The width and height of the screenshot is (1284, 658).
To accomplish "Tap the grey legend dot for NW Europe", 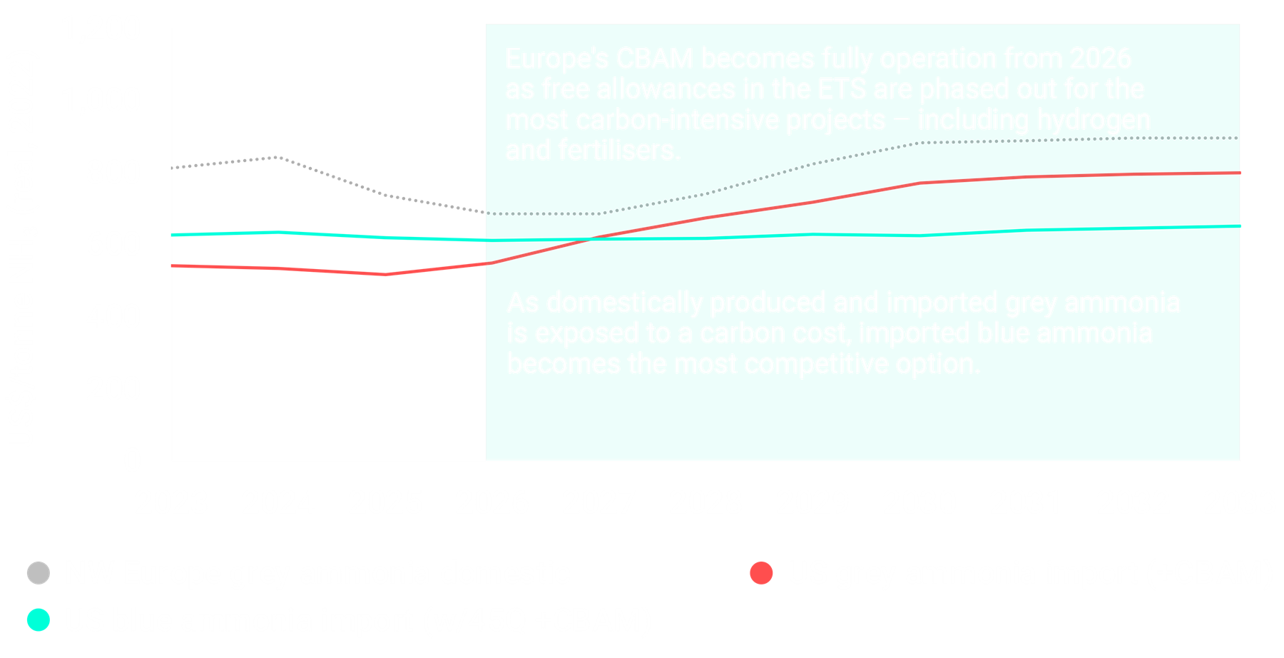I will coord(39,573).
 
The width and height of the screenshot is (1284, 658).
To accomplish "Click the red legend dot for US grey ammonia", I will coord(762,573).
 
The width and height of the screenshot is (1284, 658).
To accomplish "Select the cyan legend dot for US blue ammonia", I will coord(39,620).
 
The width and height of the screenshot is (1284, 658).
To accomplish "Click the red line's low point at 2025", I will coord(385,274).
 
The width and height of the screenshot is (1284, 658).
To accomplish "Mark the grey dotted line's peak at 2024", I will coord(278,157).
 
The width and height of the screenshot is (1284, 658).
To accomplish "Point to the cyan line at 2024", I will coord(278,232).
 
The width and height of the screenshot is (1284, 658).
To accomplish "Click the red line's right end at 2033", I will coord(1240,173).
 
